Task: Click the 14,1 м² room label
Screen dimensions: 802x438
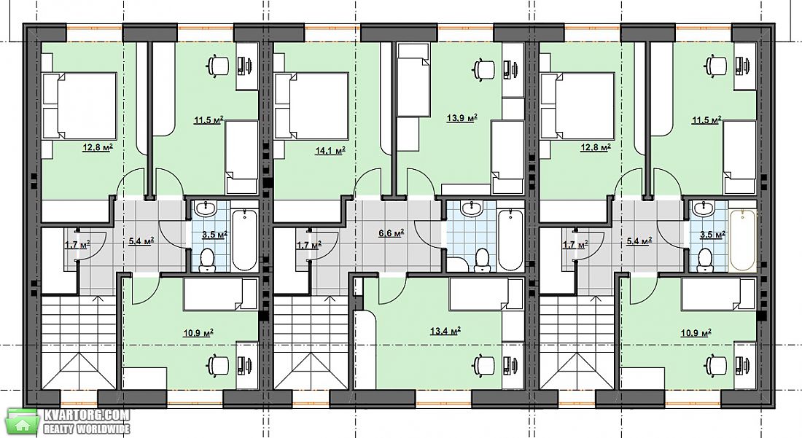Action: (330, 151)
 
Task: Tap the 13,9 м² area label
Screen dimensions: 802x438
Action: (462, 119)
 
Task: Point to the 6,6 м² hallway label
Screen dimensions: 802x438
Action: (392, 233)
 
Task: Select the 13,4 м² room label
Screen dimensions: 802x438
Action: (445, 331)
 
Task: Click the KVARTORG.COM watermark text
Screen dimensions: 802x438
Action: (87, 415)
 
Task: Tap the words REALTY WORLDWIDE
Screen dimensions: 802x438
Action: (87, 429)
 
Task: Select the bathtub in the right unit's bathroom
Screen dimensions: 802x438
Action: (742, 240)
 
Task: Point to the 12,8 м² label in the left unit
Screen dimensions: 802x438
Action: (98, 148)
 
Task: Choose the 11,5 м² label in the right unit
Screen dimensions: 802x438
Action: (707, 121)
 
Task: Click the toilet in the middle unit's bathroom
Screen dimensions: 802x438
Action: (481, 259)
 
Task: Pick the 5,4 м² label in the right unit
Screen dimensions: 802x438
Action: (639, 240)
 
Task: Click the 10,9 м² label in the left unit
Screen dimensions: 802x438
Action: (198, 333)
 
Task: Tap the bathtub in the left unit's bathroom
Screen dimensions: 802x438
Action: (244, 240)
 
